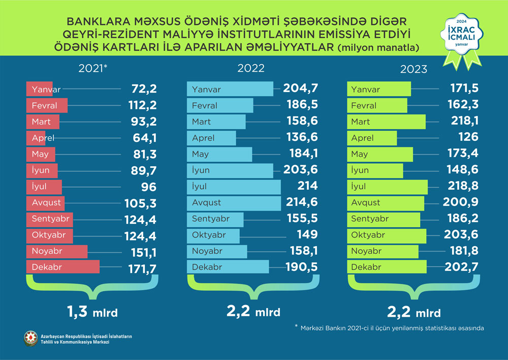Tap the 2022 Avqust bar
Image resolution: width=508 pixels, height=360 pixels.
(x=234, y=202)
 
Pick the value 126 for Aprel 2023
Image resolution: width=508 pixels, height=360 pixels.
(x=468, y=138)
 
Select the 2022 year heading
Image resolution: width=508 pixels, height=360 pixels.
(x=250, y=69)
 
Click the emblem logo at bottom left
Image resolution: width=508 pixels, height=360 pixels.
(x=30, y=339)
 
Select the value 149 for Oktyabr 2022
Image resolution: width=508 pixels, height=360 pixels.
(x=308, y=235)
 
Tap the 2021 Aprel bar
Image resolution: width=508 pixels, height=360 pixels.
(x=36, y=138)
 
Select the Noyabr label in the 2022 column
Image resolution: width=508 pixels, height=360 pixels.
(x=205, y=251)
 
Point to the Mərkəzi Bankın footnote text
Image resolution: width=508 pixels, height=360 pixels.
(x=392, y=328)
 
